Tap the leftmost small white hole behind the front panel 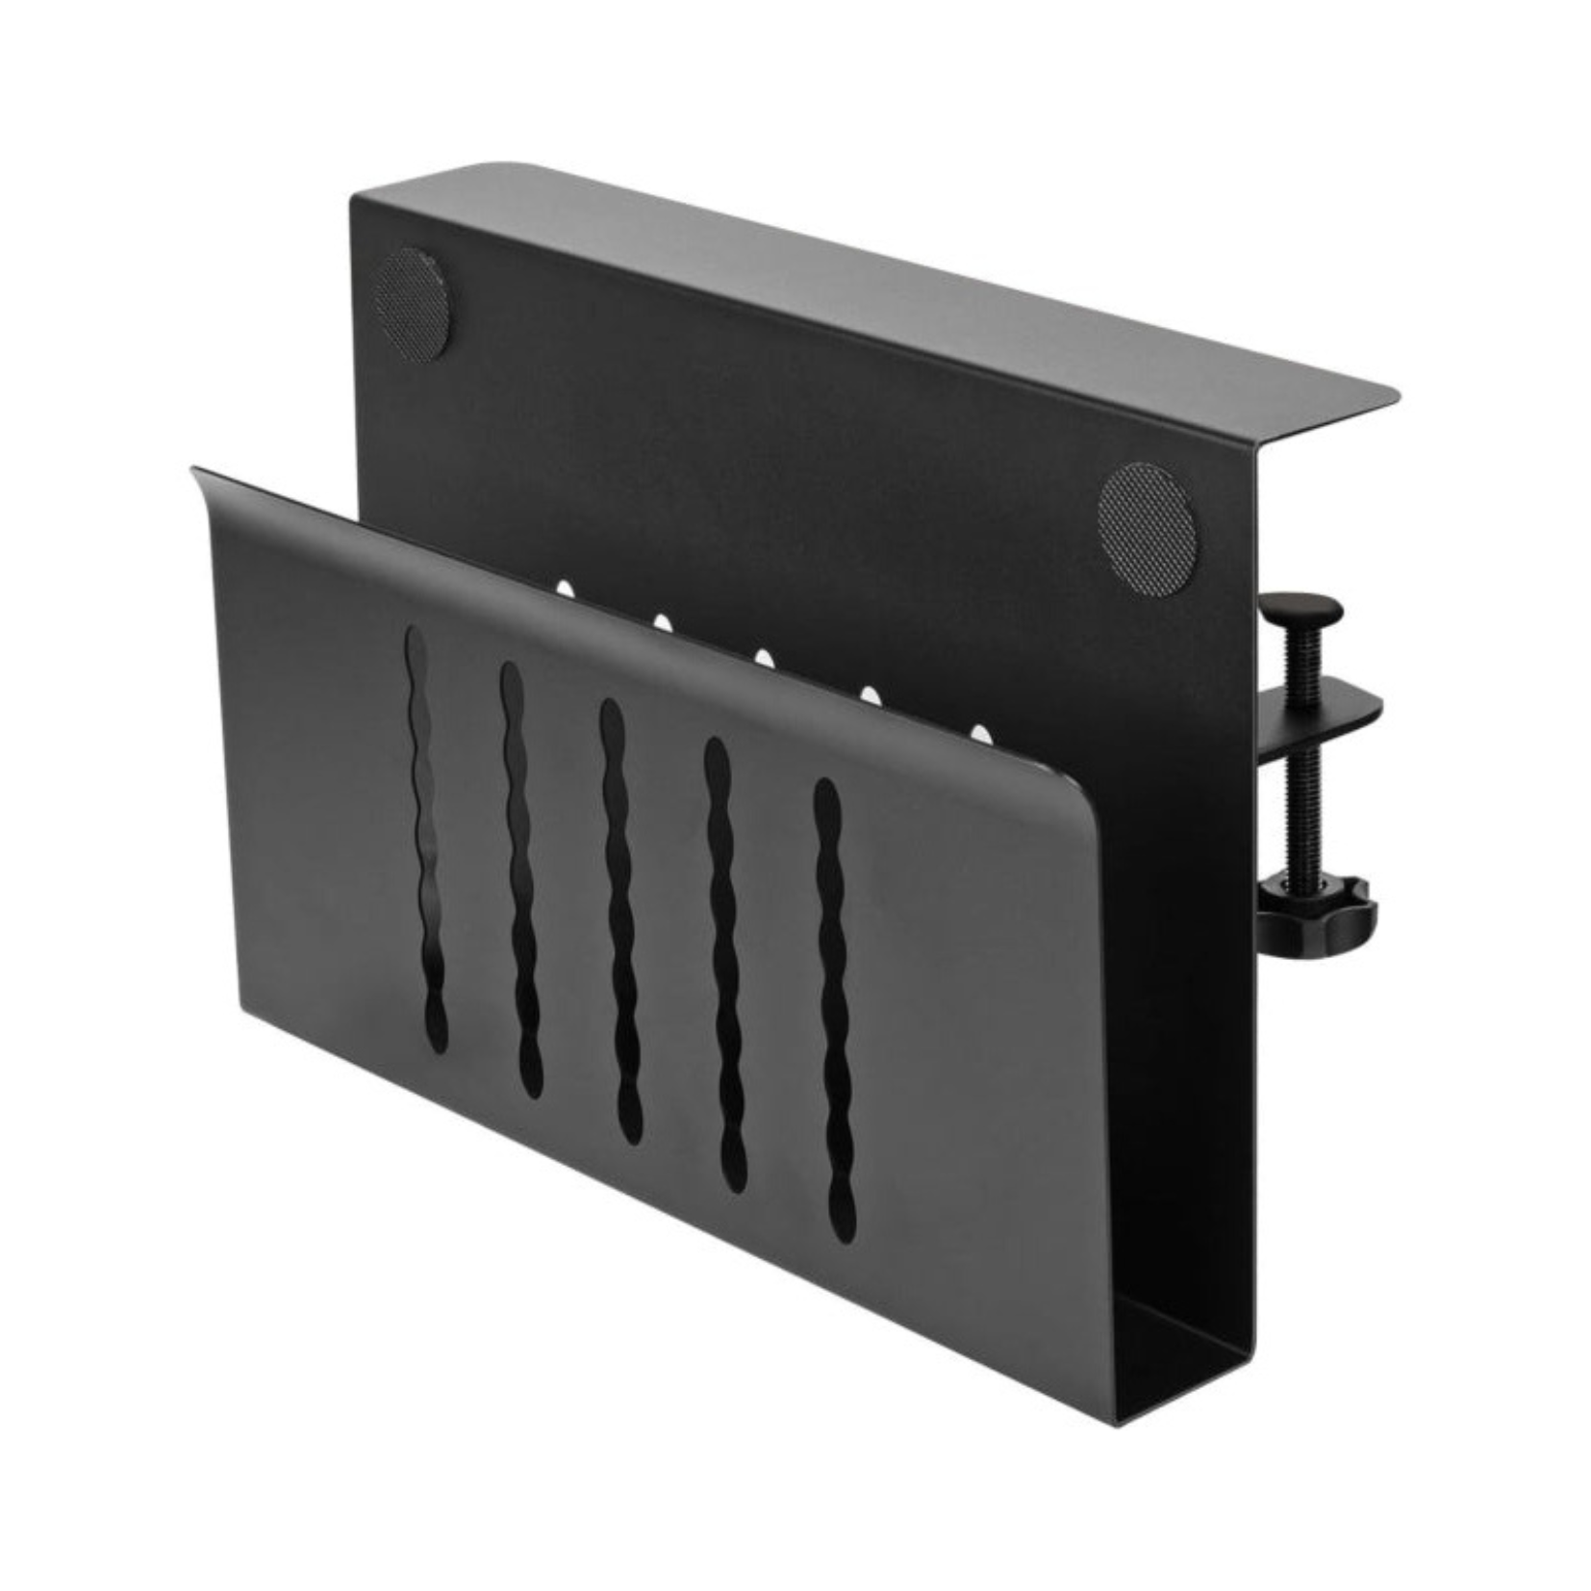pyautogui.click(x=567, y=586)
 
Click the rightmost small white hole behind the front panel pyautogui.click(x=981, y=736)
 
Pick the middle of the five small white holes pyautogui.click(x=765, y=659)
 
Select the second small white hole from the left pyautogui.click(x=662, y=622)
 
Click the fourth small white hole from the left pyautogui.click(x=871, y=694)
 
